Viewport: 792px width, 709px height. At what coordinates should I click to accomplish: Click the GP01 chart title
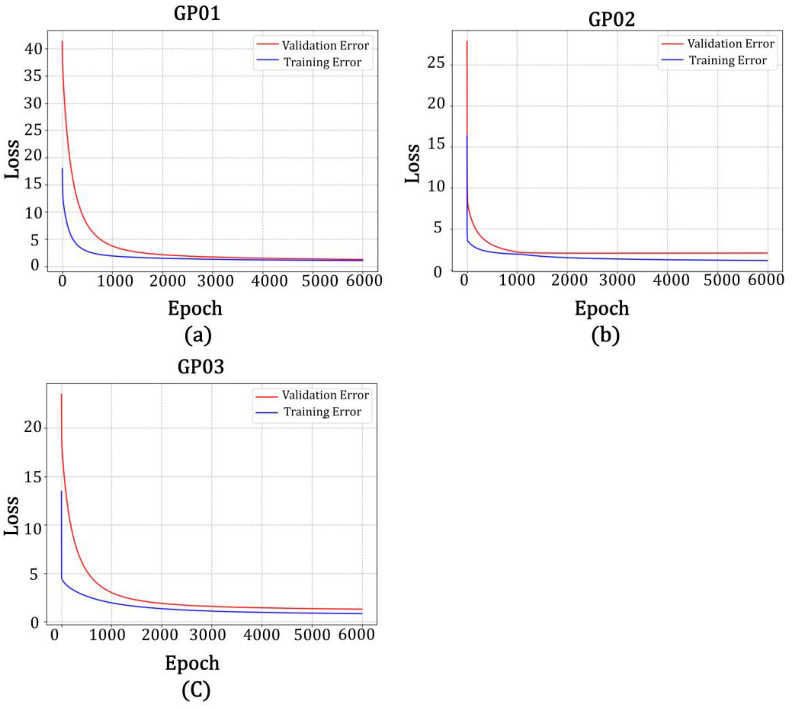[x=197, y=14]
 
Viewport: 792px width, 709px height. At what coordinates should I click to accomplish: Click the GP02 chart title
[x=611, y=19]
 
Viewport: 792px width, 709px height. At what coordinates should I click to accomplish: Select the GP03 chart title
[x=201, y=367]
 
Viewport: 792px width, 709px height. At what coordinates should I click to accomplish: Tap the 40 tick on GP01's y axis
[x=33, y=49]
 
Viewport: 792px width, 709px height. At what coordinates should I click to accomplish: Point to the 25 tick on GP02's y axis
[x=436, y=62]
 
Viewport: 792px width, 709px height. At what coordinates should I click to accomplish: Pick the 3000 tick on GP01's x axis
[x=216, y=281]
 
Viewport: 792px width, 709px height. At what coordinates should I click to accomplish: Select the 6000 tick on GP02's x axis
[x=766, y=280]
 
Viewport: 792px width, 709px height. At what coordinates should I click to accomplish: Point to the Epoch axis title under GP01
[x=195, y=308]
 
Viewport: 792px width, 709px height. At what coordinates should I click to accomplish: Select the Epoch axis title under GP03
[x=192, y=663]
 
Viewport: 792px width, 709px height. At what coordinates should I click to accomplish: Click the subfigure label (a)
[x=198, y=335]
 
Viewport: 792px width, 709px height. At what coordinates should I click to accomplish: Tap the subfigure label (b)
[x=605, y=335]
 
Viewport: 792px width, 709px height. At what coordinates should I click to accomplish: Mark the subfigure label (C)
[x=195, y=690]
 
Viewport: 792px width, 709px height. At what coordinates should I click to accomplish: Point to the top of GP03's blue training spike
[x=61, y=491]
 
